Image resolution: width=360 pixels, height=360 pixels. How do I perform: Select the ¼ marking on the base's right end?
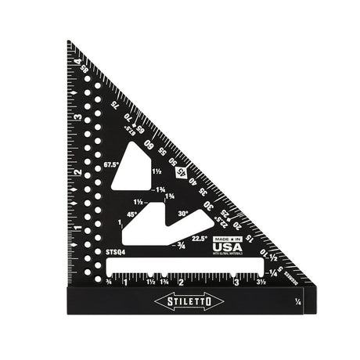297,301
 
